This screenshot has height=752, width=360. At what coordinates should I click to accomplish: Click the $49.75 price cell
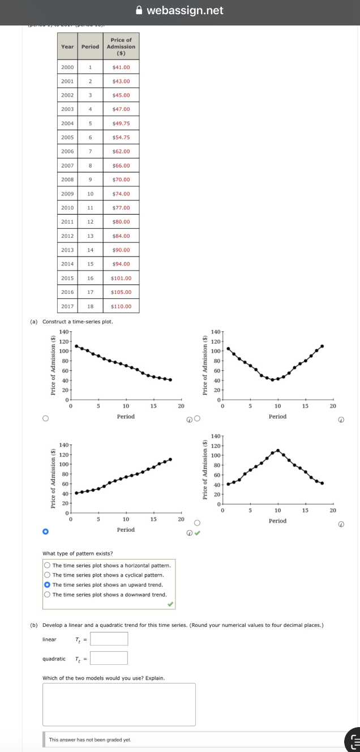[x=121, y=123]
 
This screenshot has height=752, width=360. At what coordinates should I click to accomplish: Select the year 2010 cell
[x=67, y=208]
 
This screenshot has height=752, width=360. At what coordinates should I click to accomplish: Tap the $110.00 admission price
[x=121, y=306]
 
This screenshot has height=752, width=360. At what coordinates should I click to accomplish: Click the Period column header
[x=90, y=46]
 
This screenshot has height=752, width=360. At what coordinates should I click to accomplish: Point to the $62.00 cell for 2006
[x=121, y=152]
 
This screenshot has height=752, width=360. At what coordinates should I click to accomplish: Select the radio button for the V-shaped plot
[x=197, y=419]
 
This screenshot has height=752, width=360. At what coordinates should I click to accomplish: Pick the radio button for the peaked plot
[x=197, y=523]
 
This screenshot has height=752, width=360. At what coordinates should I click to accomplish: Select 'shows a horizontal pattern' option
[x=48, y=565]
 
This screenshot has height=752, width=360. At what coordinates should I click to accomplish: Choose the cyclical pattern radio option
[x=48, y=575]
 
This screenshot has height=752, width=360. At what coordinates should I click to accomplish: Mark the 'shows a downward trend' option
[x=48, y=595]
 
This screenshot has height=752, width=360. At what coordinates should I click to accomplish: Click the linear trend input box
[x=109, y=639]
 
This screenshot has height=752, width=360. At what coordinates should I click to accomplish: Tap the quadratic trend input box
[x=109, y=659]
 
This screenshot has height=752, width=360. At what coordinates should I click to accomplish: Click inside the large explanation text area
[x=119, y=704]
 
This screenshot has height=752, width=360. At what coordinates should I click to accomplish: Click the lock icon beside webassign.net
[x=140, y=11]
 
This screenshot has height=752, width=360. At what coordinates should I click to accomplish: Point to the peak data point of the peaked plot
[x=278, y=450]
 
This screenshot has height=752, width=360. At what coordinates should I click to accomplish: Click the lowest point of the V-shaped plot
[x=272, y=380]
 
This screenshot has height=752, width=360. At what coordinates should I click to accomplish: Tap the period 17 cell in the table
[x=90, y=292]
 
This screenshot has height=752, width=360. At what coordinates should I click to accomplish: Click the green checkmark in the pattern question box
[x=170, y=604]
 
